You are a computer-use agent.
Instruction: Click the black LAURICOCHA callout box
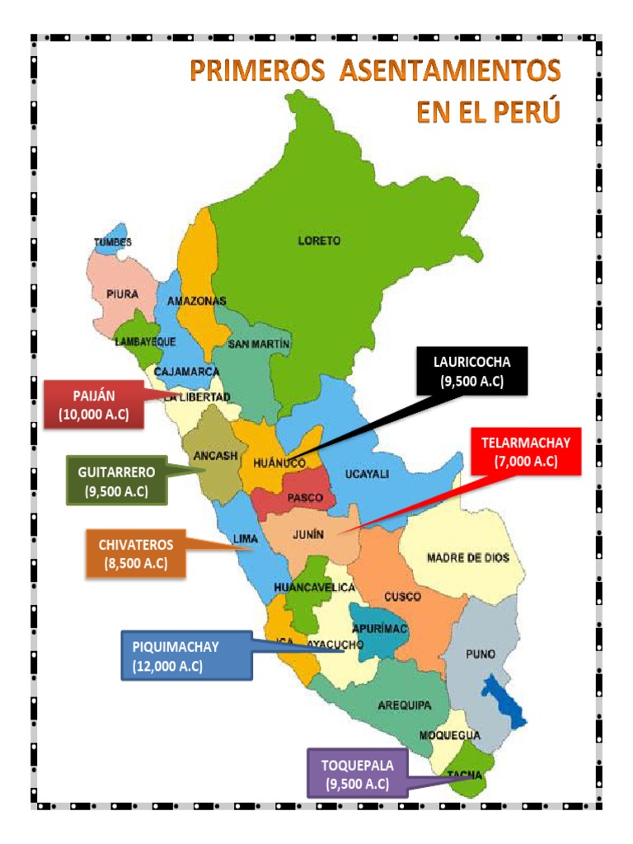click(x=471, y=371)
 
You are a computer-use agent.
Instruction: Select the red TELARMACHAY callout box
click(x=526, y=452)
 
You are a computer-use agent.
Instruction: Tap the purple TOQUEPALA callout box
click(x=357, y=773)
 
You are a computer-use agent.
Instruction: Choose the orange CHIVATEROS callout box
click(x=136, y=554)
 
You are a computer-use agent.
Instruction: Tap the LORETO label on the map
click(x=319, y=241)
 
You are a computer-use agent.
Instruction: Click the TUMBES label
click(x=112, y=241)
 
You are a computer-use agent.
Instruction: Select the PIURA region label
click(x=122, y=293)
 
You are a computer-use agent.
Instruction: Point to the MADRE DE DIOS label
click(x=467, y=558)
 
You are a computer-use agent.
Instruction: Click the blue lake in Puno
click(x=502, y=700)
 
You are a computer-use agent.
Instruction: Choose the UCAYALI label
click(x=367, y=474)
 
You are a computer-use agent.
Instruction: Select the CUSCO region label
click(x=403, y=596)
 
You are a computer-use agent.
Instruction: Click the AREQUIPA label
click(x=405, y=706)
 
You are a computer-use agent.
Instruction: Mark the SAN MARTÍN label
click(x=260, y=344)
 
